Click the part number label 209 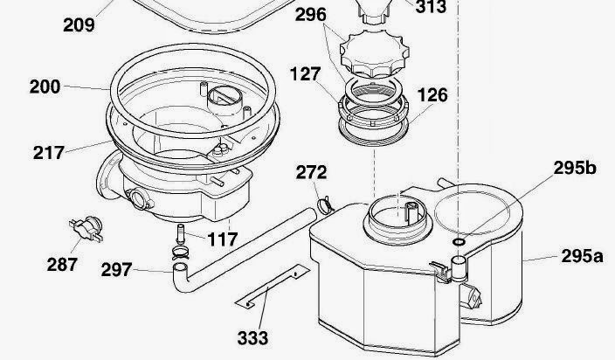(79, 25)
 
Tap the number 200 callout (45, 87)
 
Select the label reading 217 (48, 153)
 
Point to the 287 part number (62, 264)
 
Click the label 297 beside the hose (116, 270)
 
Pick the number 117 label (223, 239)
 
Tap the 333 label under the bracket (253, 338)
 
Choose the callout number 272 (311, 172)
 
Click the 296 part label (311, 15)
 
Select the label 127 (306, 74)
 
